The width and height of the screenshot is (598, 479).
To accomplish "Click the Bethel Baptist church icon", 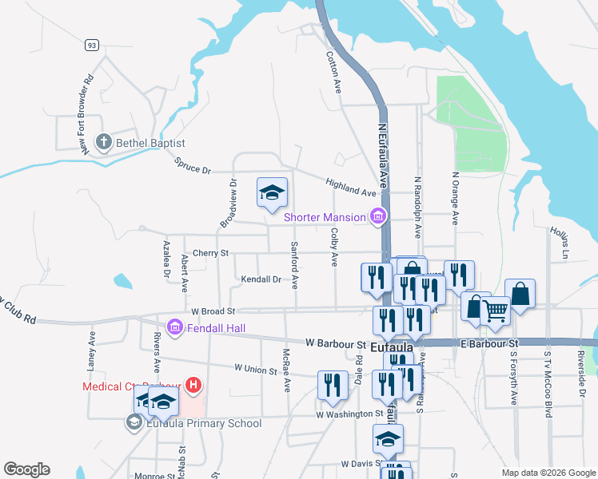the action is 102,143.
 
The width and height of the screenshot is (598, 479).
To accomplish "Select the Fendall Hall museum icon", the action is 174,327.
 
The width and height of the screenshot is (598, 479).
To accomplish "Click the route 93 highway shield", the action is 93,46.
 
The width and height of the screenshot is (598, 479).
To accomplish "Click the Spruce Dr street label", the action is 192,165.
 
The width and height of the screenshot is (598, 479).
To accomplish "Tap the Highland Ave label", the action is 350,188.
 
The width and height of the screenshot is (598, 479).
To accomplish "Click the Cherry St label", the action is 210,253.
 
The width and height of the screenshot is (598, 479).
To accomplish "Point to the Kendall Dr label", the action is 261,279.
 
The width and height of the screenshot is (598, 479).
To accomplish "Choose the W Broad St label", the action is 213,311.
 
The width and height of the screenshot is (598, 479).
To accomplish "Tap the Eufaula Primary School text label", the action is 204,423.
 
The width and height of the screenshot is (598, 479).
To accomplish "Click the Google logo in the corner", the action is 26,469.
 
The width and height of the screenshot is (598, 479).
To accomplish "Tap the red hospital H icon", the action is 192,386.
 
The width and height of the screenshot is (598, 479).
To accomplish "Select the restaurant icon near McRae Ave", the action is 330,384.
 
